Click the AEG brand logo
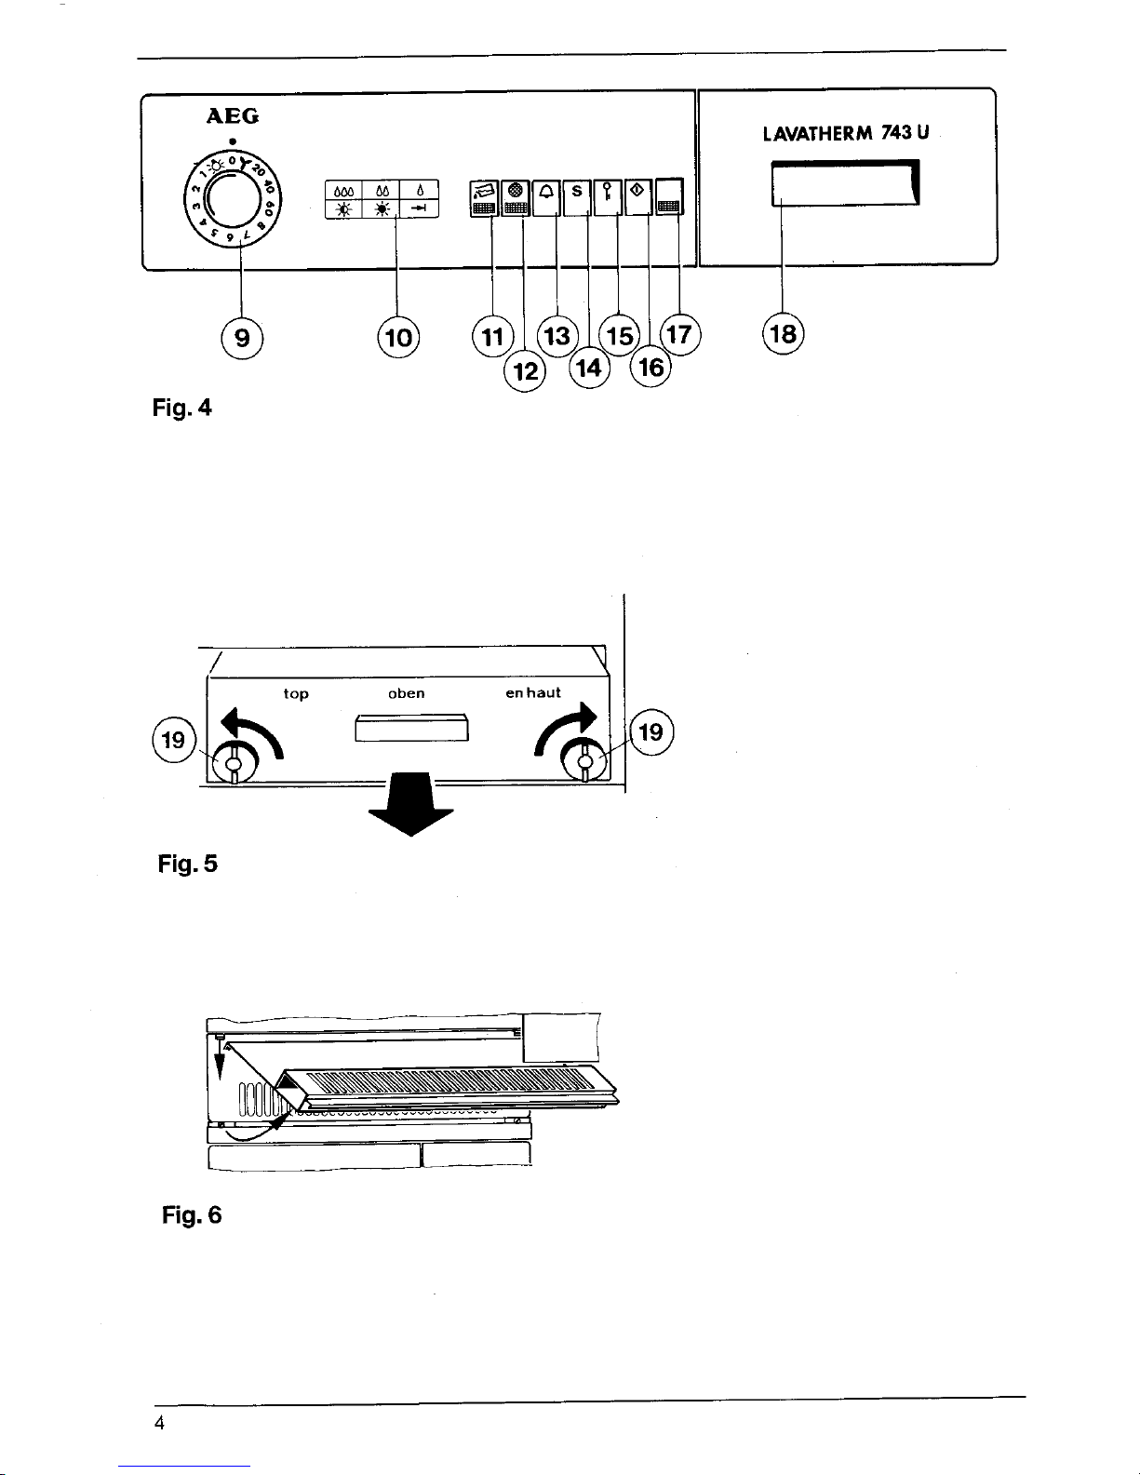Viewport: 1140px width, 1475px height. point(233,116)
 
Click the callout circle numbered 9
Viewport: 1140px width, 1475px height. point(242,338)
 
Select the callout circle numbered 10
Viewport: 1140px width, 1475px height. point(398,338)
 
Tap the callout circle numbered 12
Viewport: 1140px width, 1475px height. point(525,371)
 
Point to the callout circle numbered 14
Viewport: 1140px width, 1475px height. point(589,369)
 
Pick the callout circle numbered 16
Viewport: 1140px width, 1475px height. point(650,368)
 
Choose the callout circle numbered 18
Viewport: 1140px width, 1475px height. point(783,334)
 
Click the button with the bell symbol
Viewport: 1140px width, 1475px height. point(546,197)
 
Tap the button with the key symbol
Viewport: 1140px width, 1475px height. point(608,197)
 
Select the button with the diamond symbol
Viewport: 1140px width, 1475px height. point(637,197)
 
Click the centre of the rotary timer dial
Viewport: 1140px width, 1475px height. point(233,199)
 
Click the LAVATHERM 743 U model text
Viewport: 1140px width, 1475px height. point(846,133)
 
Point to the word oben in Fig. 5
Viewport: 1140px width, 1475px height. point(407,693)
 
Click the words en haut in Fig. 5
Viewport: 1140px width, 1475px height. point(533,692)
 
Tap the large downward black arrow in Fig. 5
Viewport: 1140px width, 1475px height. point(410,804)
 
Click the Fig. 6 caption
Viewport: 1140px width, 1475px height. point(192,1215)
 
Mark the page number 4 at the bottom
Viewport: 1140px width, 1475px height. point(159,1423)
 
